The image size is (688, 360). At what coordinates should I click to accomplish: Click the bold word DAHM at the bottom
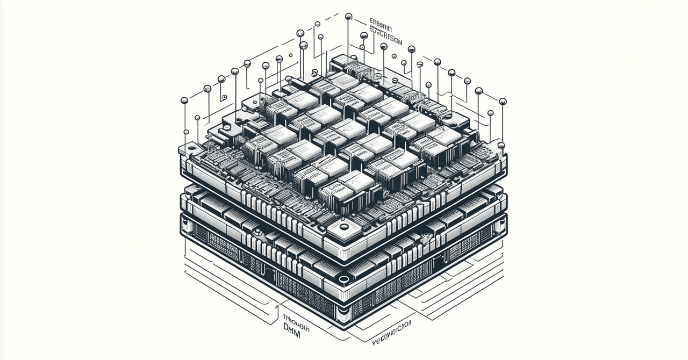coord(293,327)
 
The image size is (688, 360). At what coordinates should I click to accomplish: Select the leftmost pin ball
coord(184,100)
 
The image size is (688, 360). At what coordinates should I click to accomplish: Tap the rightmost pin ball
coord(503,100)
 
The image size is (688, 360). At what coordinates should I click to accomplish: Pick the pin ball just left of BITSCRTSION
coord(364,35)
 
